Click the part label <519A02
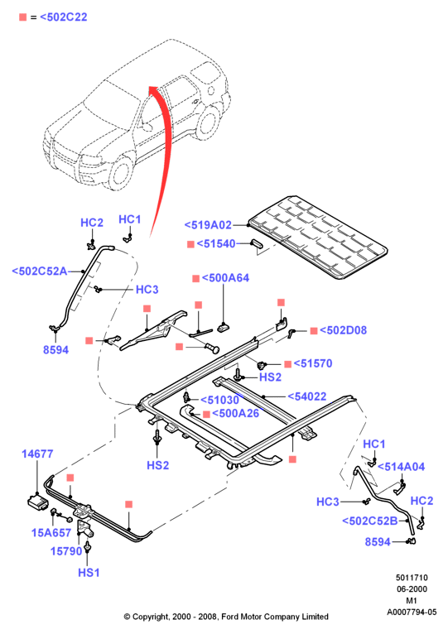(x=208, y=225)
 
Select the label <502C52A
(x=40, y=271)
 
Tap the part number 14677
(x=37, y=454)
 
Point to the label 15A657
(x=51, y=532)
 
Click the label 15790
(x=66, y=550)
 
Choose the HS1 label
(x=89, y=573)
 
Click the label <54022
(x=306, y=396)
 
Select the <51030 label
(x=219, y=400)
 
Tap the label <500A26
(x=235, y=413)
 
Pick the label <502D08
(x=343, y=330)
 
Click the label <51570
(x=313, y=363)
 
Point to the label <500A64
(x=225, y=278)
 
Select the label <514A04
(x=401, y=467)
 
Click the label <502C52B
(x=370, y=521)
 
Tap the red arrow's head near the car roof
(x=154, y=89)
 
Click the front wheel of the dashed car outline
(x=120, y=171)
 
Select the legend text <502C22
(x=64, y=17)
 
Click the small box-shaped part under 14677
(x=37, y=502)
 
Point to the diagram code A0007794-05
(x=412, y=612)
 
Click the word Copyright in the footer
(x=151, y=617)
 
